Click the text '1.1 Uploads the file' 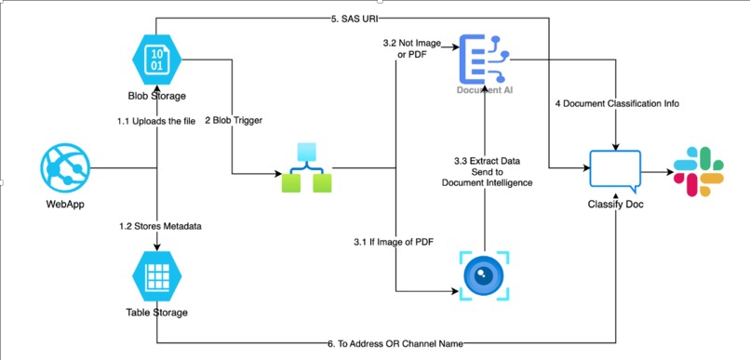pos(156,120)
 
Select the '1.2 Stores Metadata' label pos(156,226)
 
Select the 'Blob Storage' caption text pos(156,94)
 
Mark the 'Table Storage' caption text pos(156,313)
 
